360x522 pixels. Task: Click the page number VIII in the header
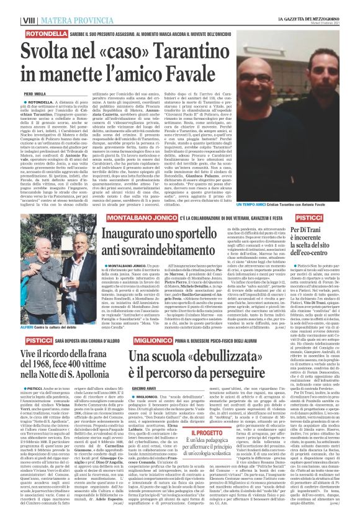tap(11, 6)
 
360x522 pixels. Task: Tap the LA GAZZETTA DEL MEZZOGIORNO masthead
tap(308, 4)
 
